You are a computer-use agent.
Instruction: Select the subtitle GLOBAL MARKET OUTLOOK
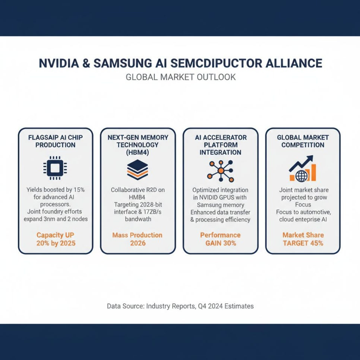point(181,77)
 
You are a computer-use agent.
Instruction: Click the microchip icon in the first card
point(55,169)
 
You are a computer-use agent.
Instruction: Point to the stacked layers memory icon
point(138,170)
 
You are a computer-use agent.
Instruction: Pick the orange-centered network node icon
point(220,170)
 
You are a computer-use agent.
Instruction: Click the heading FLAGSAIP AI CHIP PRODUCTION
point(55,141)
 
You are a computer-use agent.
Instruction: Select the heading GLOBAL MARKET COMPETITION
point(303,141)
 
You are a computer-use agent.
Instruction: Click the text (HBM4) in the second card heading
point(138,152)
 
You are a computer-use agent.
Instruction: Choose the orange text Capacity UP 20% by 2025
point(56,239)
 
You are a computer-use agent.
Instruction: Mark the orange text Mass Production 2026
point(138,239)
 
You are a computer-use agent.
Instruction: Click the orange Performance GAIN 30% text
point(220,239)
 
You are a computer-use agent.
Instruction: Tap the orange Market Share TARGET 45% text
point(303,239)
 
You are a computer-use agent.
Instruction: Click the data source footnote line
point(180,306)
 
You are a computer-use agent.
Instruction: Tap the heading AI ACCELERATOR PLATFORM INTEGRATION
point(220,145)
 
